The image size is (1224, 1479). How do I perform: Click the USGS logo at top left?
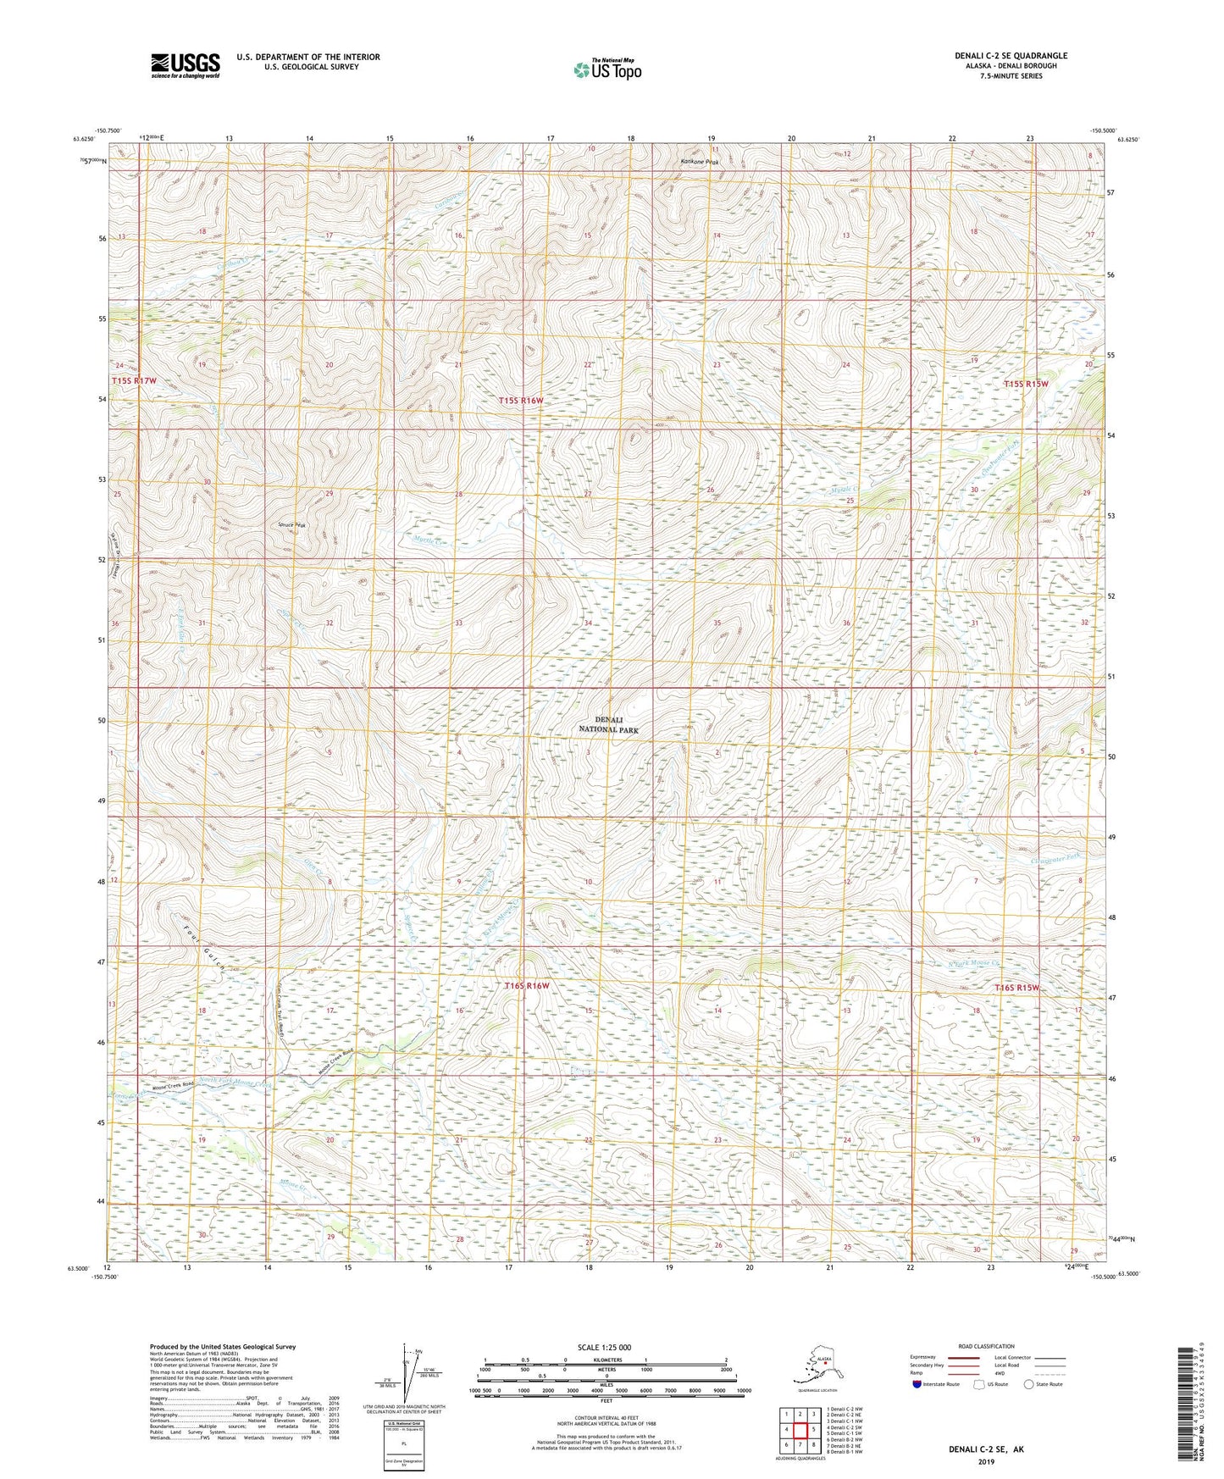coord(185,66)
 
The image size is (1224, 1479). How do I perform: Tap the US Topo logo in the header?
coord(606,69)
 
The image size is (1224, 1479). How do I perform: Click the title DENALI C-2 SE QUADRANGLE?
coord(1011,56)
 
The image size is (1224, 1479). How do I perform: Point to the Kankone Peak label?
coord(700,162)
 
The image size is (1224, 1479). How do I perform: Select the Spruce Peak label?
coord(292,525)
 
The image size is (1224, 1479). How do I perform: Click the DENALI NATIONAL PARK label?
coord(609,724)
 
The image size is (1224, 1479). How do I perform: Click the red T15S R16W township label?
coord(520,400)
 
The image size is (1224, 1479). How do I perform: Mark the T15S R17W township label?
coord(134,381)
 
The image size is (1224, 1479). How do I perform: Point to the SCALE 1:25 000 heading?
coord(605,1347)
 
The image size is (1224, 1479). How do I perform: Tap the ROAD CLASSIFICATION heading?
coord(987,1346)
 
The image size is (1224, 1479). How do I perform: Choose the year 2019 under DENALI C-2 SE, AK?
coord(986,1461)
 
